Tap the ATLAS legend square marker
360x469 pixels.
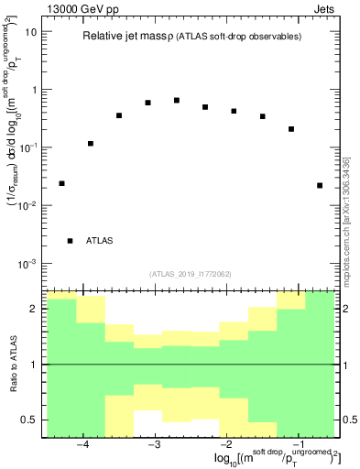70,241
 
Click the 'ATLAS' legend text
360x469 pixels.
99,241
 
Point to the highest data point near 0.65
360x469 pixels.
177,100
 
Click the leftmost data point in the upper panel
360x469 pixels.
61,183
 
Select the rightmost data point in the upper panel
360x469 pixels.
320,185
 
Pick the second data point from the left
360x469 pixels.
91,143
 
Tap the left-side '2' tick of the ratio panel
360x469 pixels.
36,309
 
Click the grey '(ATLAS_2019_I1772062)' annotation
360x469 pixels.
189,273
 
